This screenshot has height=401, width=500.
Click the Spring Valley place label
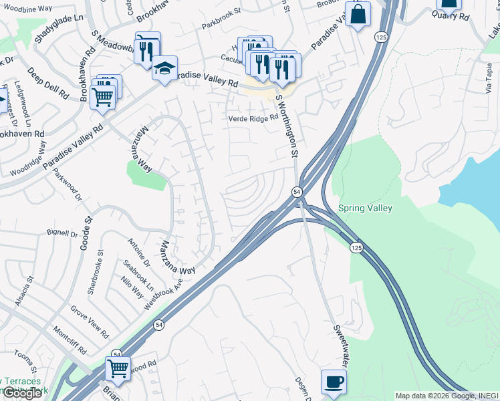(x=365, y=208)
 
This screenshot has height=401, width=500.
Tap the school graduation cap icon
(x=164, y=68)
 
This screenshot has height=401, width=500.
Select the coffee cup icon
(x=334, y=382)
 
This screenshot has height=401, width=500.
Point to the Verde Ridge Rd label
(x=253, y=118)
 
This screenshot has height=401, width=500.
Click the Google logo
(x=22, y=393)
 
